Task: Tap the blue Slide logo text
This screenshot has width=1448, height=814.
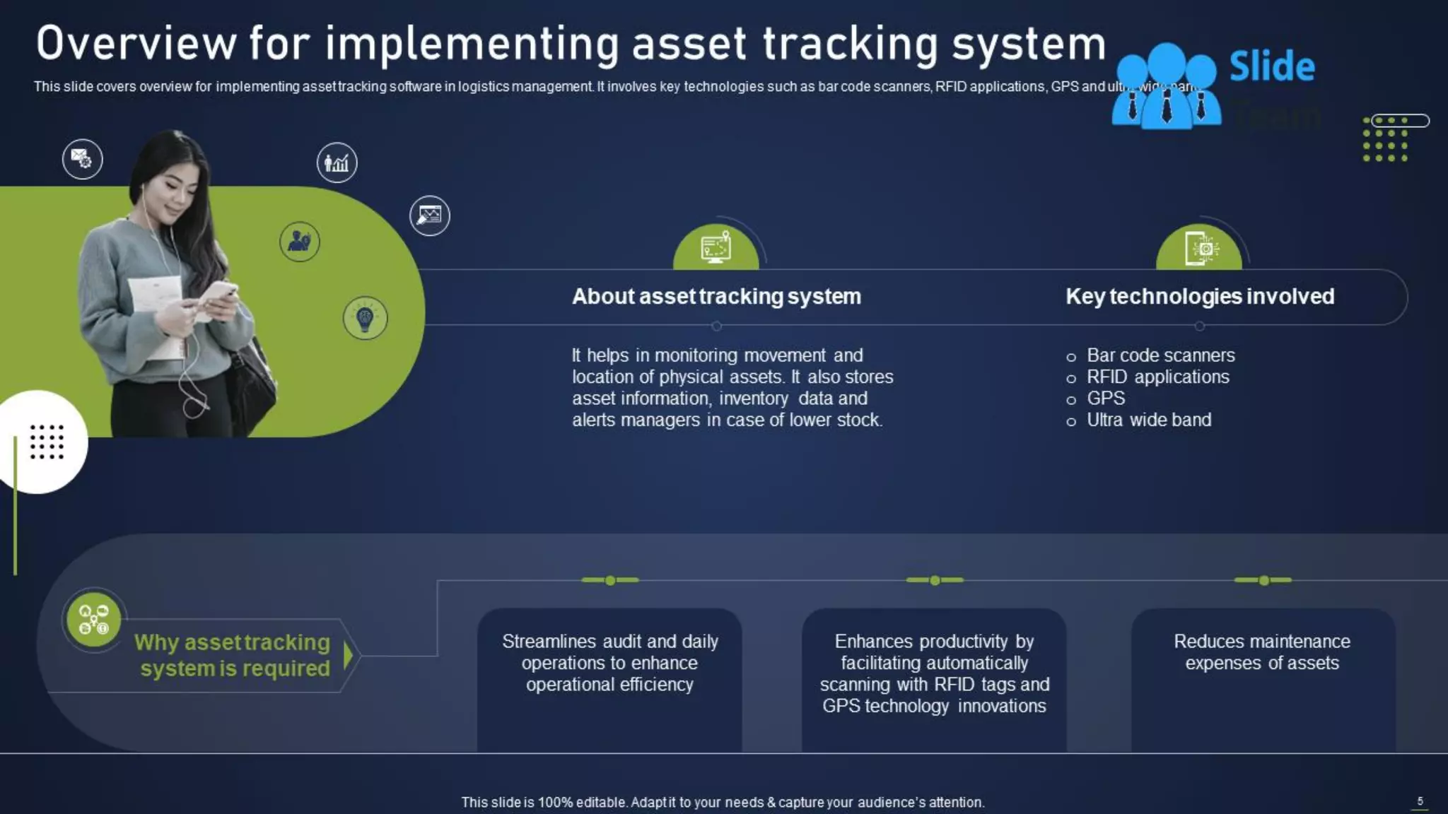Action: [x=1271, y=66]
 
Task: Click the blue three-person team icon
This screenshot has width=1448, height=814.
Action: [x=1165, y=87]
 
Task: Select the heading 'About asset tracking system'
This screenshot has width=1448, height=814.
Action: [x=716, y=297]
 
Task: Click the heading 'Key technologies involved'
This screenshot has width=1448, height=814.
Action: [x=1200, y=297]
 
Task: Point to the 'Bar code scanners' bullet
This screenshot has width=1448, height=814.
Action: [x=1160, y=355]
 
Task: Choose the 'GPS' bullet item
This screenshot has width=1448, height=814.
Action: [x=1105, y=399]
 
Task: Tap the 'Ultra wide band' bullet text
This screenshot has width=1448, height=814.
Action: [x=1148, y=420]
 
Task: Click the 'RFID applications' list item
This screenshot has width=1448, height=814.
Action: [x=1157, y=377]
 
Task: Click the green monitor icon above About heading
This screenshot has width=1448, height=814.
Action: [x=716, y=248]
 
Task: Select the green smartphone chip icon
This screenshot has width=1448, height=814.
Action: [x=1199, y=248]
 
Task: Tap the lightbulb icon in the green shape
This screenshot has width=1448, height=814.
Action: [x=365, y=318]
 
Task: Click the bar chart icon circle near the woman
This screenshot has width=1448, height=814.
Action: [x=337, y=163]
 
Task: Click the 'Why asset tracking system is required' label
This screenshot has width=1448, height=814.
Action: [x=233, y=655]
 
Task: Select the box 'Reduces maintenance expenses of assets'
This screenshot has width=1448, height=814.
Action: [x=1262, y=678]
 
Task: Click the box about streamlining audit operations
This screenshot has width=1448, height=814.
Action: [x=609, y=678]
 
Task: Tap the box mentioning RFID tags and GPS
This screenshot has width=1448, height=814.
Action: [x=934, y=678]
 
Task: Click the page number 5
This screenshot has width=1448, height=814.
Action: [x=1420, y=801]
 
